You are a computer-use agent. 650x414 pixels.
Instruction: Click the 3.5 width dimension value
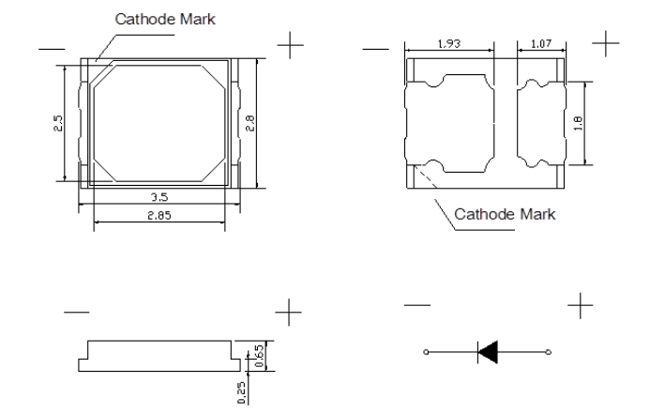click(159, 197)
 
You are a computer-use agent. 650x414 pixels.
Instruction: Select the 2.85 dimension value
click(159, 215)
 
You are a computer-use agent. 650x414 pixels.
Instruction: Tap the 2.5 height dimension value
click(58, 123)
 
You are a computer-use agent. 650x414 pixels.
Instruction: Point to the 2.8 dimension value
click(250, 123)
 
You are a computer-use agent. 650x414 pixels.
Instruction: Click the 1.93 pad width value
click(449, 43)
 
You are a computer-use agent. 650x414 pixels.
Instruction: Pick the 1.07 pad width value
click(541, 43)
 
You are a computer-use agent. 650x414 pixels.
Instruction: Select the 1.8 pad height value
click(579, 123)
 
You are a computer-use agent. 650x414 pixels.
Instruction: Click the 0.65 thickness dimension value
click(259, 356)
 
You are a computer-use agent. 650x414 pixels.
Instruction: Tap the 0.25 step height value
click(242, 392)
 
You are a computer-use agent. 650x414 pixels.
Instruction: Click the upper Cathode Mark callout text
click(165, 19)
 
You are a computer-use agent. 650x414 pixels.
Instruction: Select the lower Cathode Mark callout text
click(505, 214)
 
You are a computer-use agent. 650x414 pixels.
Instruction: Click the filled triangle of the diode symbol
click(488, 352)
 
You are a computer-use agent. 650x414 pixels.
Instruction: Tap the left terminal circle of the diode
click(426, 352)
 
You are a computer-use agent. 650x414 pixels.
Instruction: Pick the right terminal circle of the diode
click(549, 352)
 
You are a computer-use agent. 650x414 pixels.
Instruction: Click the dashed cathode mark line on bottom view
click(426, 177)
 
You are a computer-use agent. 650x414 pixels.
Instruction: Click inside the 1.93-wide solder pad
click(450, 123)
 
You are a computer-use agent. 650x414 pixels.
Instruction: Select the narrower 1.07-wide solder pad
click(541, 123)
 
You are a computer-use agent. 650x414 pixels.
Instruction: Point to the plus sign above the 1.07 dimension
click(606, 43)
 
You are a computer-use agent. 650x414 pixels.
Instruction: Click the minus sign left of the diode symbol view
click(417, 305)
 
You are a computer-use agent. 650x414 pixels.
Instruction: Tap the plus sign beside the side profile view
click(289, 312)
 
